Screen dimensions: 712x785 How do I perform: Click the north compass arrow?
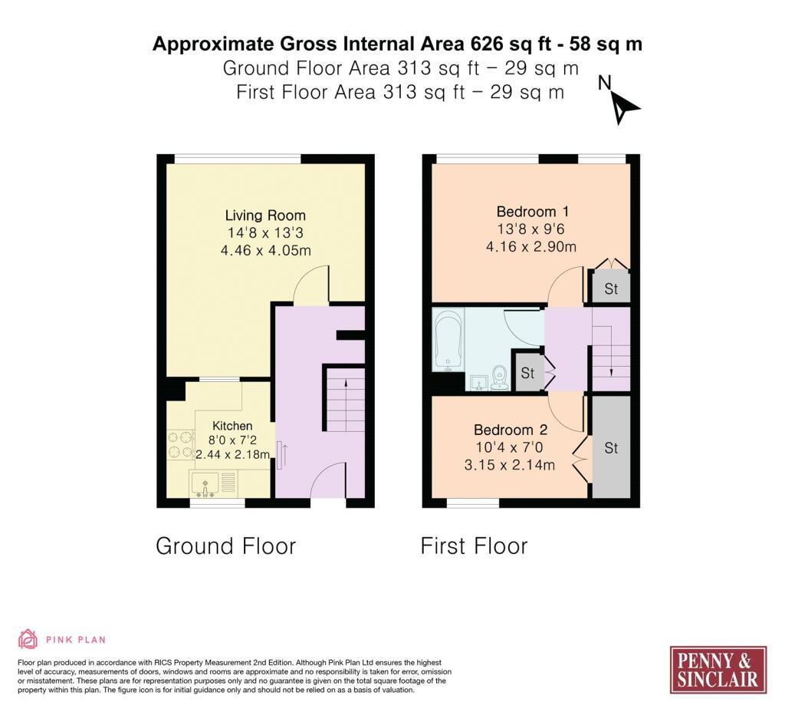pos(624,108)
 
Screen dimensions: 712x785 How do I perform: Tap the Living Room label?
pos(265,216)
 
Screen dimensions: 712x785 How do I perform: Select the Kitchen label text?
pos(232,426)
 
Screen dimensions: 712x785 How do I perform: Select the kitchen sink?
pos(208,483)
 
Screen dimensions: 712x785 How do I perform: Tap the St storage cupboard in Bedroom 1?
pos(611,288)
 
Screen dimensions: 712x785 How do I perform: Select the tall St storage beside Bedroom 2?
pos(611,447)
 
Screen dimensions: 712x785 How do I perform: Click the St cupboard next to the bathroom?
pos(527,373)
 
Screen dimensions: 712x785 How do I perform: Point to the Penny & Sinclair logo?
pos(718,670)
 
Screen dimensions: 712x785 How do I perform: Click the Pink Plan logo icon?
pos(28,639)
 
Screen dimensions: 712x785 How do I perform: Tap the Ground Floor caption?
pos(225,546)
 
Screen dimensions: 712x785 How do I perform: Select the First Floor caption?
pos(474,546)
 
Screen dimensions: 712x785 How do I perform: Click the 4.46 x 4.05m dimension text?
pos(265,251)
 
